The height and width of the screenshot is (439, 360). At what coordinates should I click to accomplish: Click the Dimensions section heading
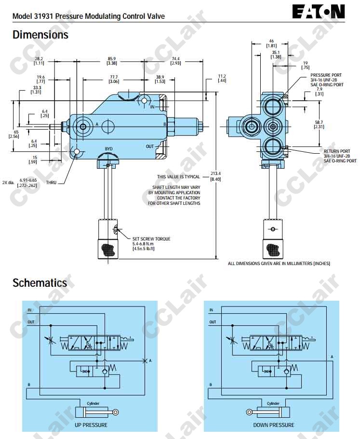[x=40, y=35]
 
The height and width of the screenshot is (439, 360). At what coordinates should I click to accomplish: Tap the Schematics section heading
[x=40, y=283]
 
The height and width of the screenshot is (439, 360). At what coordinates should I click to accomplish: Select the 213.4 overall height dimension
[x=215, y=176]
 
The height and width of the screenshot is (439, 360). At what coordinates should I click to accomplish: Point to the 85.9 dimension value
[x=111, y=61]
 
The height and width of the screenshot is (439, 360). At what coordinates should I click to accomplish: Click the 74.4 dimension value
[x=175, y=61]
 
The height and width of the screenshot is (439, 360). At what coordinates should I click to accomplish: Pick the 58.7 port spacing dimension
[x=319, y=124]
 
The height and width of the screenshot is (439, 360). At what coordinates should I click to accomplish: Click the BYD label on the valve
[x=109, y=148]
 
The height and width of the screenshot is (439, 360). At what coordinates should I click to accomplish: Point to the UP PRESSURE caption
[x=91, y=425]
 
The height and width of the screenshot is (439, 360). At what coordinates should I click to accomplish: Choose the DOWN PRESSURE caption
[x=273, y=425]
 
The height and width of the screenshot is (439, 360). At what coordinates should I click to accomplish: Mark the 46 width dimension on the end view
[x=271, y=43]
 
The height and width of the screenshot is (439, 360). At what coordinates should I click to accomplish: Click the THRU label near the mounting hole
[x=52, y=183]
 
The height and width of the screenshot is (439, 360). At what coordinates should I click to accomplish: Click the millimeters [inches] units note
[x=279, y=263]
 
